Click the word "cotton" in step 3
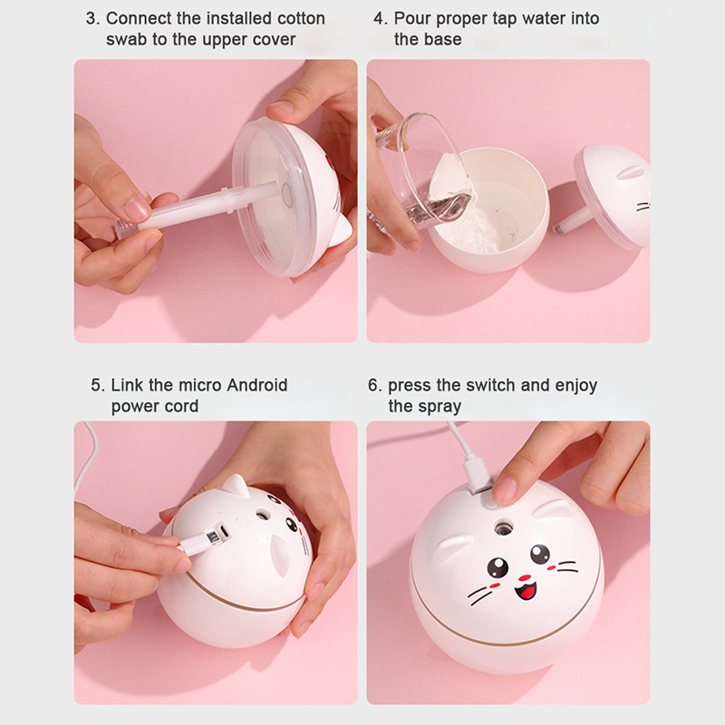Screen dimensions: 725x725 point(301,18)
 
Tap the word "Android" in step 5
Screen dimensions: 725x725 point(257,384)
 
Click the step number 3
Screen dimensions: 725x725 point(92,18)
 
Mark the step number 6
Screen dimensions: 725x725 point(374,384)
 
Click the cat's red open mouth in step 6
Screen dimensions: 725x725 point(527,592)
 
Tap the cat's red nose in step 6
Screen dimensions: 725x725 point(525,577)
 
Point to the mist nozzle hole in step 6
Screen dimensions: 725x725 point(503,528)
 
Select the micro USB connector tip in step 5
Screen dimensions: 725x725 point(214,536)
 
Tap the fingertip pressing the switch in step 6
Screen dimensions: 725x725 point(505,490)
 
